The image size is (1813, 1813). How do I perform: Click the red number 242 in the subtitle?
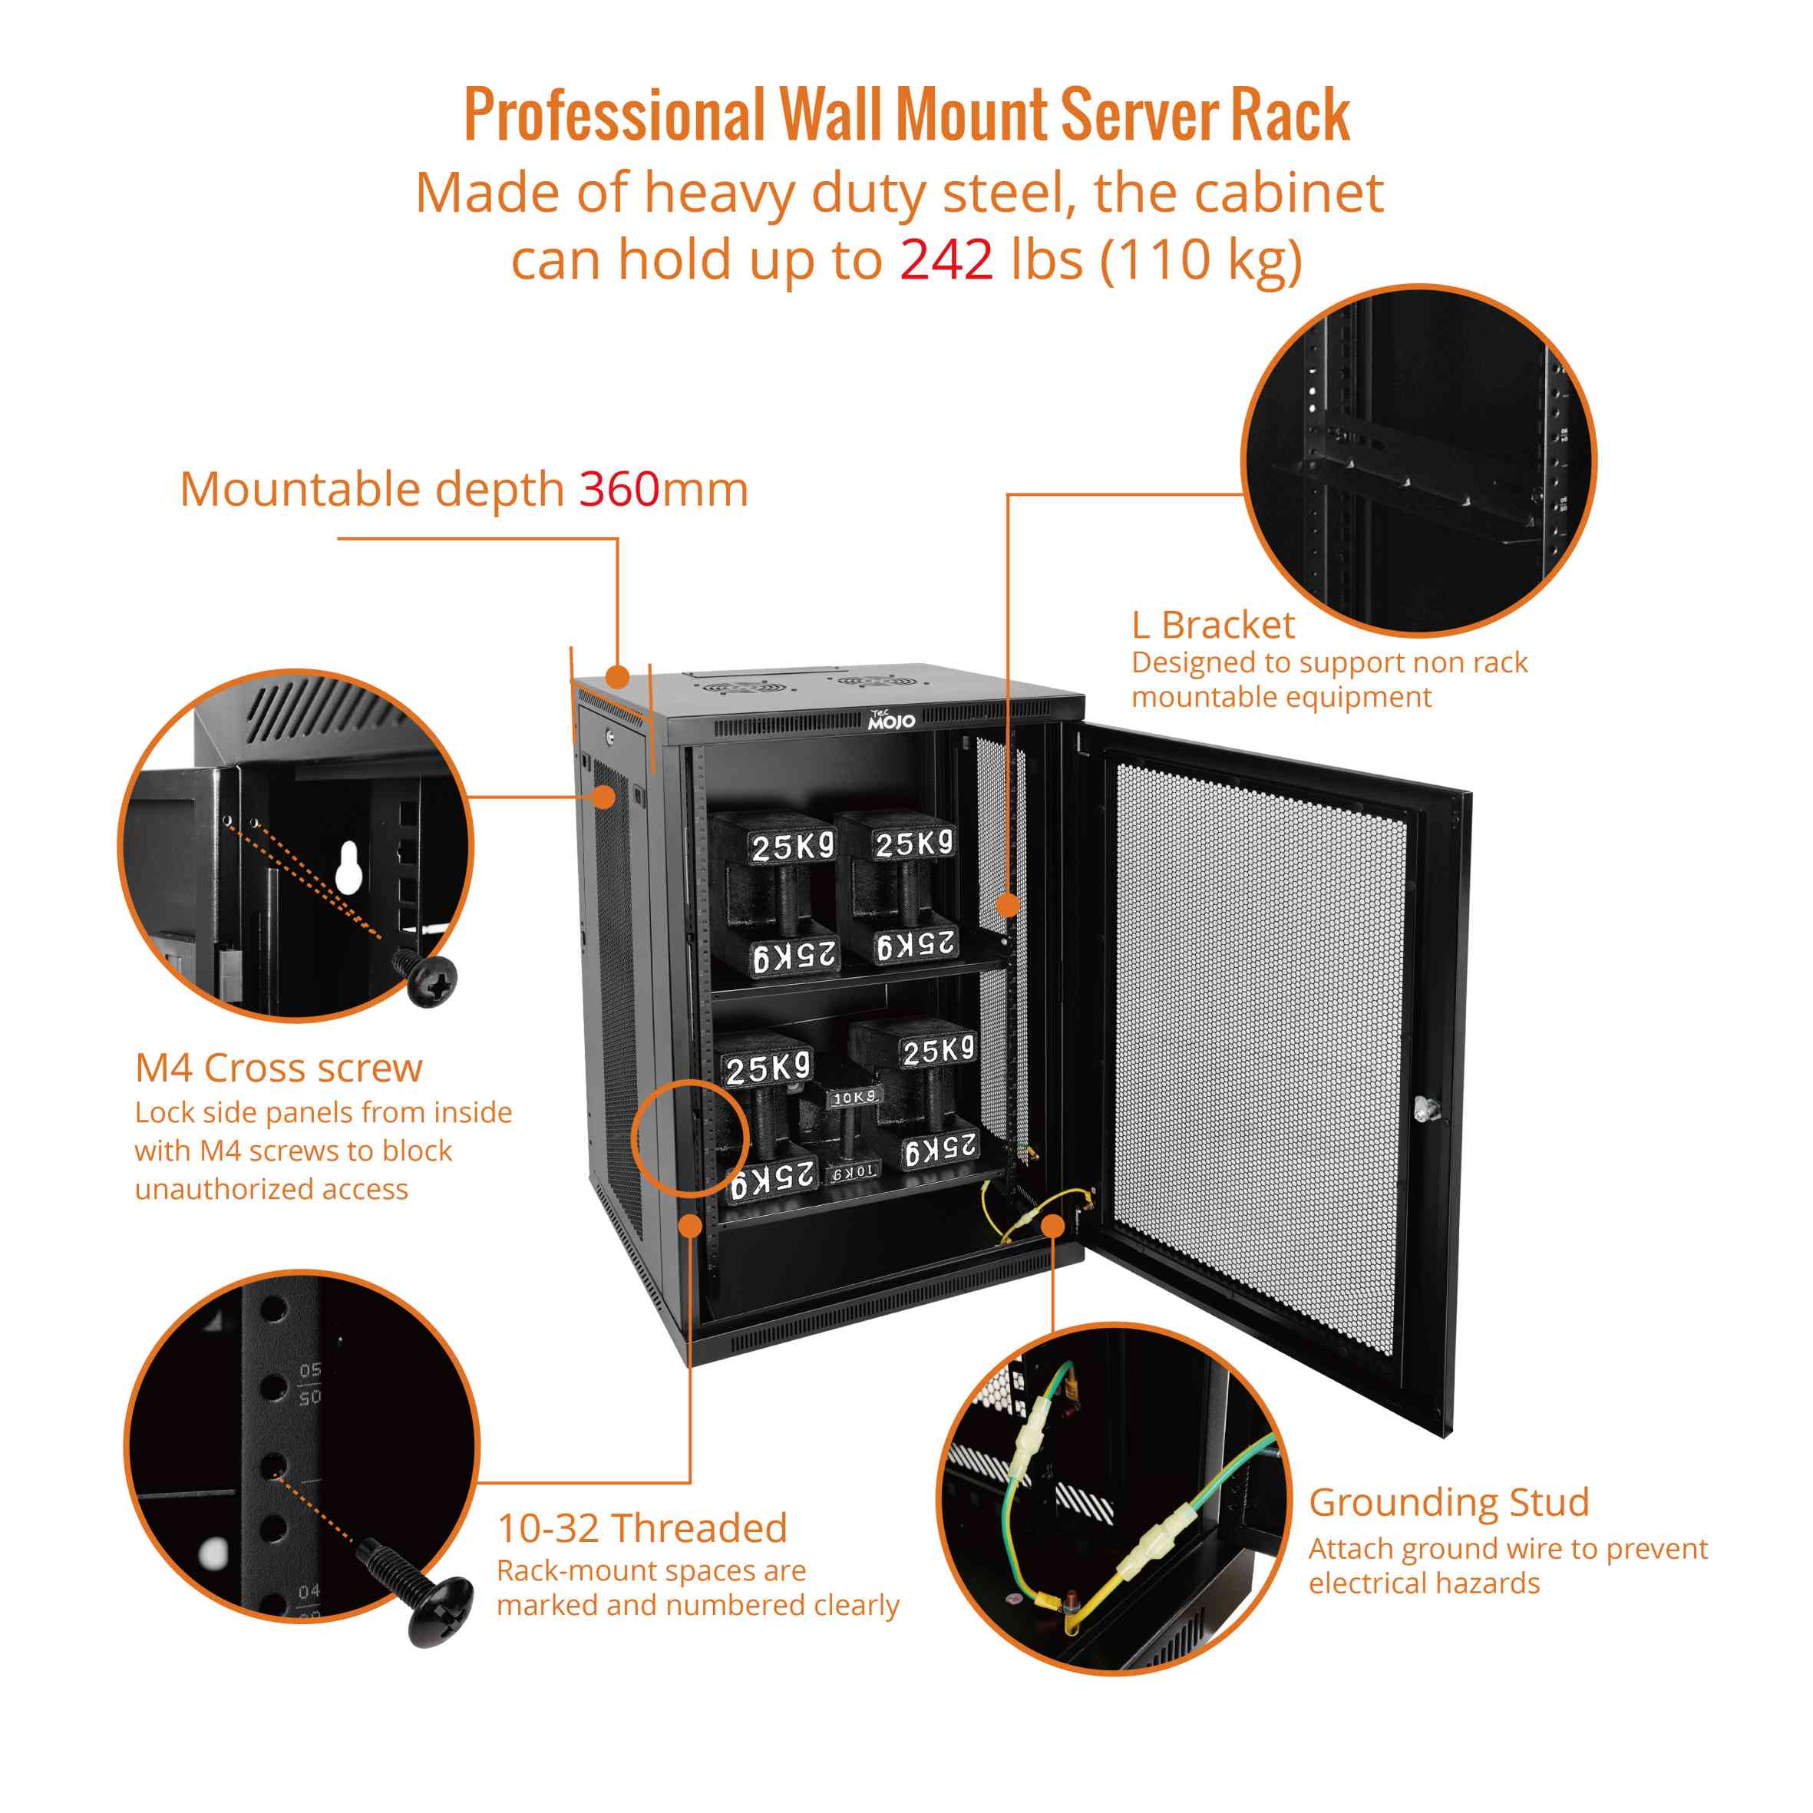[x=945, y=260]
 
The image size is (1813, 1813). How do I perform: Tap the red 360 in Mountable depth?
[x=619, y=489]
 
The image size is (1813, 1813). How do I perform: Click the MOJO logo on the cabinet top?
[x=890, y=721]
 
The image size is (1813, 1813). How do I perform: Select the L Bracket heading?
[x=1213, y=625]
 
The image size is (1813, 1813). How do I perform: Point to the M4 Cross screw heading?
[x=279, y=1068]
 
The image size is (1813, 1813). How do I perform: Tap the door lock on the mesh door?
[x=1425, y=1109]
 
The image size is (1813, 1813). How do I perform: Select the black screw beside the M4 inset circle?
[x=427, y=977]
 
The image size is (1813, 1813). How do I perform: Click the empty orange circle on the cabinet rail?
[x=690, y=1138]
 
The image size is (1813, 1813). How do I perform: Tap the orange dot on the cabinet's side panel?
[x=604, y=797]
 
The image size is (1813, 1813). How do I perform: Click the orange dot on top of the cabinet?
[x=616, y=675]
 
